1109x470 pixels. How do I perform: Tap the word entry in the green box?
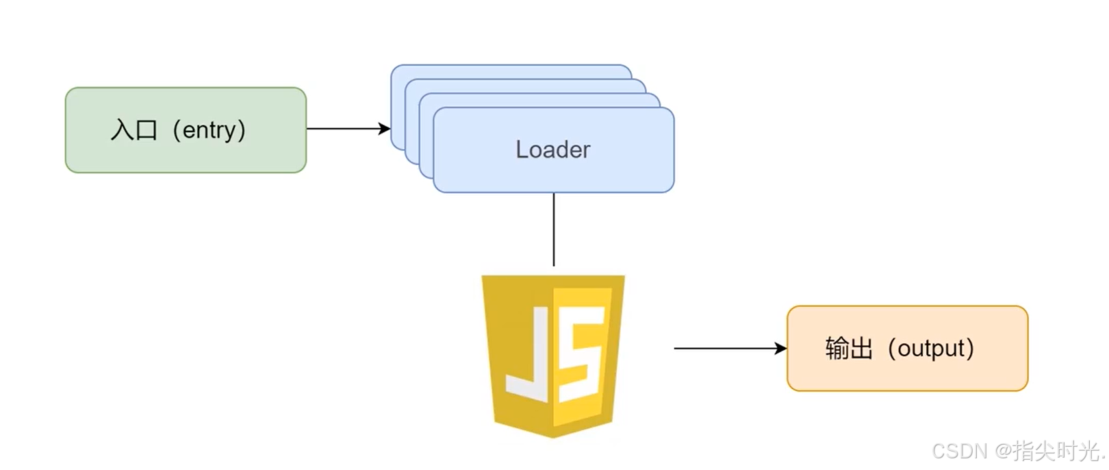pos(209,129)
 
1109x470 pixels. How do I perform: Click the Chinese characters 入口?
pos(134,129)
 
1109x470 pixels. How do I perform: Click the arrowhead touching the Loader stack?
pos(385,129)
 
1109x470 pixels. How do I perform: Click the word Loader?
pos(552,149)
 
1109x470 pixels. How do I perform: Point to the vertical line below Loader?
pos(553,230)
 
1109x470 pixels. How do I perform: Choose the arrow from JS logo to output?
pos(726,348)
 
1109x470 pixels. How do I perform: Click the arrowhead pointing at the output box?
pos(781,348)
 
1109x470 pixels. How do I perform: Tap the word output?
pos(931,348)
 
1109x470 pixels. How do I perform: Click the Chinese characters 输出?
pos(849,348)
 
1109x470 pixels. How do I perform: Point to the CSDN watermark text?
pos(960,451)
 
